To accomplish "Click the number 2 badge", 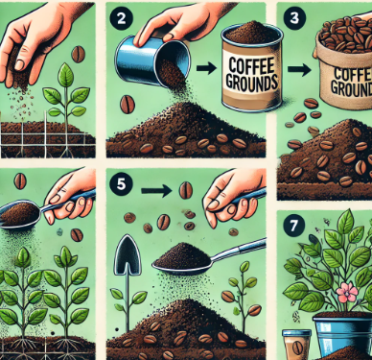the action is click(121, 18).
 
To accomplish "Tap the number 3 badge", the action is click(294, 18).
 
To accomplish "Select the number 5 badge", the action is click(121, 184).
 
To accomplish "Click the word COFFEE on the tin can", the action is click(251, 66).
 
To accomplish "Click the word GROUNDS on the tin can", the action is click(251, 82).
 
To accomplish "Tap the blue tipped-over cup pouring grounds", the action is click(152, 61).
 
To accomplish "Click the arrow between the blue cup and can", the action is click(206, 68).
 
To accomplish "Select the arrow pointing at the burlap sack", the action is click(299, 70).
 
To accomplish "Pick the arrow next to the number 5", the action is click(157, 191).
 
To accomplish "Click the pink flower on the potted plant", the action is click(348, 292).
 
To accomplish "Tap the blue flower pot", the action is click(342, 332).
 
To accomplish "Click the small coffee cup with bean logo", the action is click(296, 345).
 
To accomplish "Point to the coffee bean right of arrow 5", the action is click(186, 190).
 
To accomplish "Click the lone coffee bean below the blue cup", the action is click(128, 105).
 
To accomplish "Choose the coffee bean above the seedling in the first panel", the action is click(78, 55).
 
